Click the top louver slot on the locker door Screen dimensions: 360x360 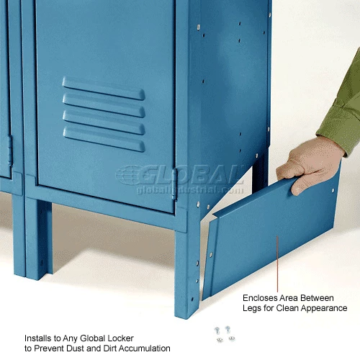pyautogui.click(x=104, y=89)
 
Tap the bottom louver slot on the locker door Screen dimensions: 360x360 pyautogui.click(x=104, y=140)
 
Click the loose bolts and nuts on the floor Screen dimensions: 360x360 pyautogui.click(x=225, y=333)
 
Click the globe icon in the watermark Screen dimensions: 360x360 pyautogui.click(x=128, y=174)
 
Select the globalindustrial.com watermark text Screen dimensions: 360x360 pyautogui.click(x=190, y=190)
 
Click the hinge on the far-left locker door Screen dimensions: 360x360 pyautogui.click(x=10, y=151)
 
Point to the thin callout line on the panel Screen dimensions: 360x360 pyautogui.click(x=277, y=264)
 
